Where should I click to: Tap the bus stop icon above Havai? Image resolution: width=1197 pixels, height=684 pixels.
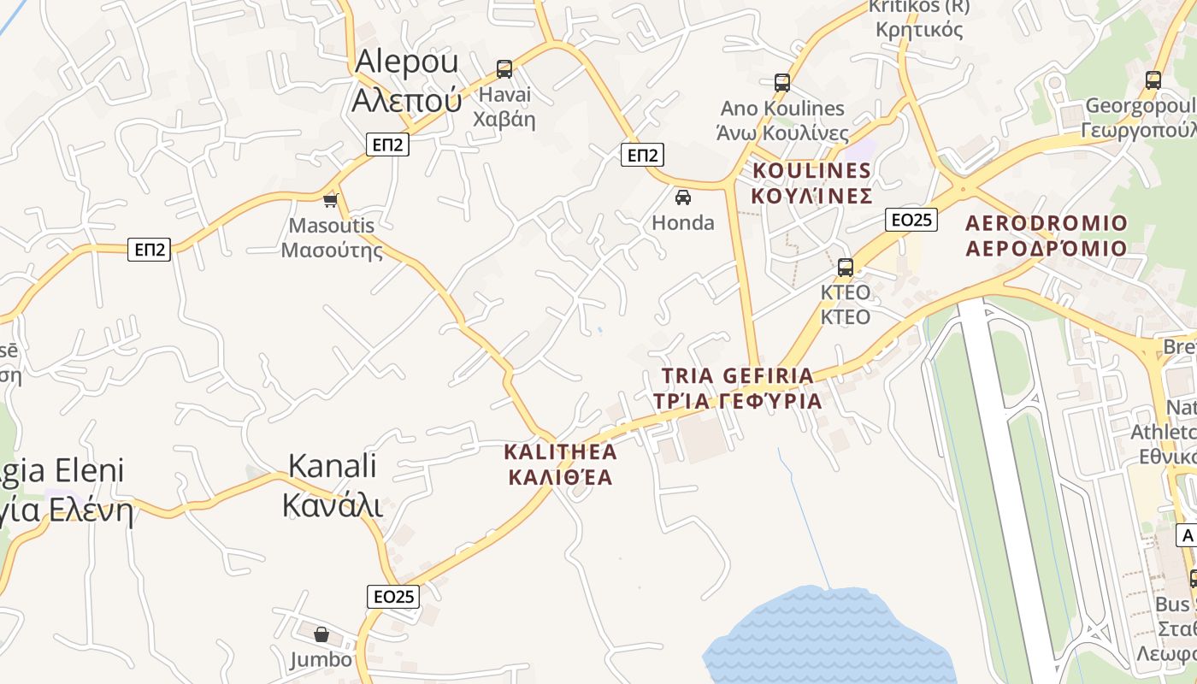pos(504,68)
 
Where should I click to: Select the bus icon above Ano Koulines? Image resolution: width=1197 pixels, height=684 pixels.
pos(782,82)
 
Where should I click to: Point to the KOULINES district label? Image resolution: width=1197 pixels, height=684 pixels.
pos(811,183)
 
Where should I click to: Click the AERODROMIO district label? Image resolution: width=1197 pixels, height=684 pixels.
pos(1047,235)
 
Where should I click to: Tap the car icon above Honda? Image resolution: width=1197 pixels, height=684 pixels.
pos(683,198)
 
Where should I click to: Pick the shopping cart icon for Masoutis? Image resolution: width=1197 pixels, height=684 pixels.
pos(331,200)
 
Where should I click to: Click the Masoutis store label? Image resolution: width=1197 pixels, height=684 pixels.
pos(332,238)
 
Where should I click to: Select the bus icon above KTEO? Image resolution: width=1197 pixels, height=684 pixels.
pos(846,267)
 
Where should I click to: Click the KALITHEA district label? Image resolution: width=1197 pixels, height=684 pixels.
pos(561,464)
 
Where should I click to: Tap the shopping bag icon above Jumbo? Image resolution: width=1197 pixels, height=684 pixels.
pos(321,634)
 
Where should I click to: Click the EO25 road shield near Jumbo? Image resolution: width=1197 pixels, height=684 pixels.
pos(393,596)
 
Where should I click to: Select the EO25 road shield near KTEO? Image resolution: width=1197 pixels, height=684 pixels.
pos(911,220)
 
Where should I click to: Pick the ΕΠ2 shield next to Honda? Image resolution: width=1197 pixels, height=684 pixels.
pos(642,155)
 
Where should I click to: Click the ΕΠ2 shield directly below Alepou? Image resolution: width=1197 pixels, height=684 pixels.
pos(387,144)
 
